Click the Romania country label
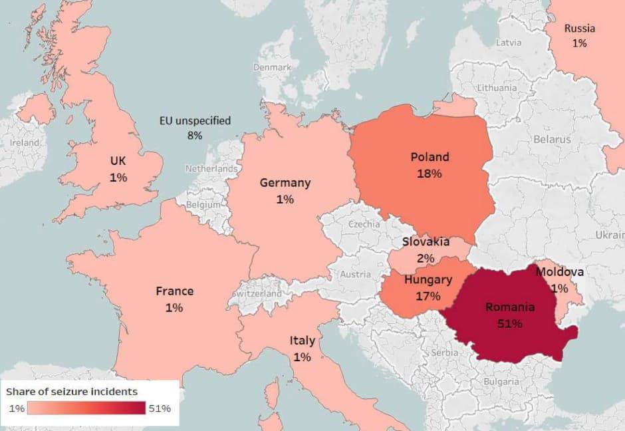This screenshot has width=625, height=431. click(x=510, y=307)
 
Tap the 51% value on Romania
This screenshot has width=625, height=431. click(x=510, y=324)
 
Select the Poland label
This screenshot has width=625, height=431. click(x=430, y=158)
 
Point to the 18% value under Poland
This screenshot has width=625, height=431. click(x=430, y=174)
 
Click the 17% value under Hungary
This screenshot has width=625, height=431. click(x=428, y=296)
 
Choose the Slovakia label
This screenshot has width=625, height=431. click(x=426, y=242)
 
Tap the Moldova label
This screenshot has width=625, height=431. click(x=559, y=272)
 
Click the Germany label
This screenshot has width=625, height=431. click(x=285, y=183)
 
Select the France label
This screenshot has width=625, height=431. click(x=174, y=291)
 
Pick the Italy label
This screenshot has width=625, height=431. click(x=302, y=341)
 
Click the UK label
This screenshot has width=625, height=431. click(x=118, y=161)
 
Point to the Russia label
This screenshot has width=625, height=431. click(x=579, y=29)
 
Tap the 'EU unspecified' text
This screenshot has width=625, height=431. click(x=195, y=121)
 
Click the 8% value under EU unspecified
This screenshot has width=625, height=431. click(x=194, y=136)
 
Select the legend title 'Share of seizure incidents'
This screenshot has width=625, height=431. click(x=72, y=392)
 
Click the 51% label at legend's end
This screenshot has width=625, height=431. click(x=160, y=408)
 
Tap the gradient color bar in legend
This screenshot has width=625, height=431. click(x=87, y=408)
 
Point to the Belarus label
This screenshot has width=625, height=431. click(x=551, y=140)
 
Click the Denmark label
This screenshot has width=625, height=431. click(x=272, y=67)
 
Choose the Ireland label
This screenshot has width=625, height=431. click(x=25, y=143)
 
